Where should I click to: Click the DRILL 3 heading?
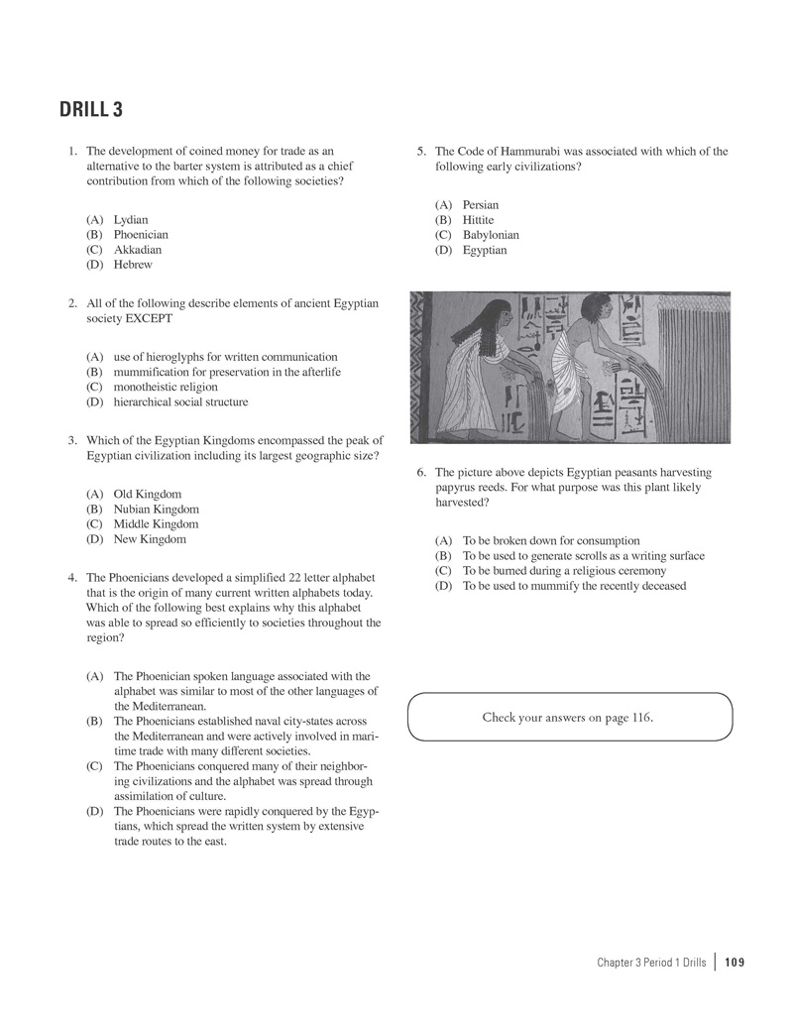coord(91,109)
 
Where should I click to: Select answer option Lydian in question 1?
coord(131,220)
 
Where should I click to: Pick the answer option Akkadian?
coord(137,250)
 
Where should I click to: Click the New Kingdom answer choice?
coord(149,539)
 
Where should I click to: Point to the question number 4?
coord(72,577)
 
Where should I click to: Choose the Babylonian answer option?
coord(491,235)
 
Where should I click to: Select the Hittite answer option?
coord(478,220)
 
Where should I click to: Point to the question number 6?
coord(421,473)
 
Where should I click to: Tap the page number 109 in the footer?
coord(735,963)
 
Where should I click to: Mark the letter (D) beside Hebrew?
coord(95,265)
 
